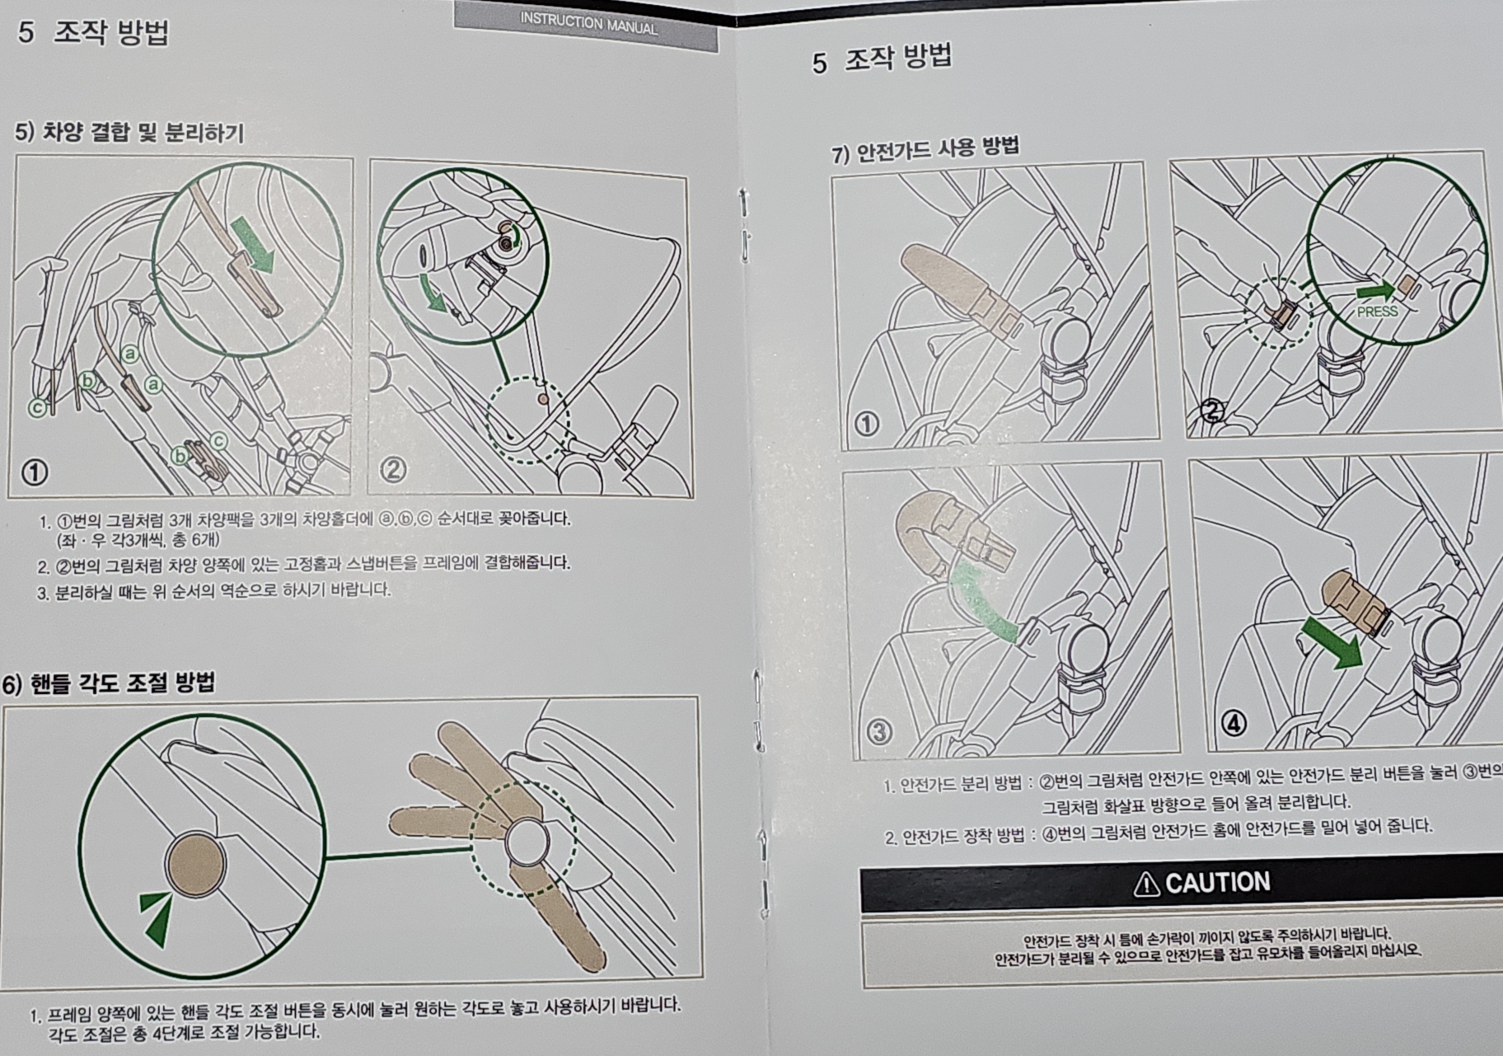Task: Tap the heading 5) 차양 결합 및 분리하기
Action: [x=129, y=132]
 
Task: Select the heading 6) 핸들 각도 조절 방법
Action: [x=109, y=683]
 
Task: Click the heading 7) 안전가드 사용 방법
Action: [x=925, y=149]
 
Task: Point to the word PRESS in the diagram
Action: [x=1377, y=312]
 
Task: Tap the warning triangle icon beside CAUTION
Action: [x=1146, y=884]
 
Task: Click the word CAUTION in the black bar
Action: [x=1217, y=883]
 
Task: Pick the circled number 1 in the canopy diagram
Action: [x=35, y=472]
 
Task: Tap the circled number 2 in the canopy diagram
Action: [x=392, y=469]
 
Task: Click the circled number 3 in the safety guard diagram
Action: [x=880, y=731]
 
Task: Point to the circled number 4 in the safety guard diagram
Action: [x=1234, y=723]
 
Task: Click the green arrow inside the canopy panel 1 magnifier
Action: [x=253, y=246]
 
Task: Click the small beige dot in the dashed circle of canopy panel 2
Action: [x=541, y=398]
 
